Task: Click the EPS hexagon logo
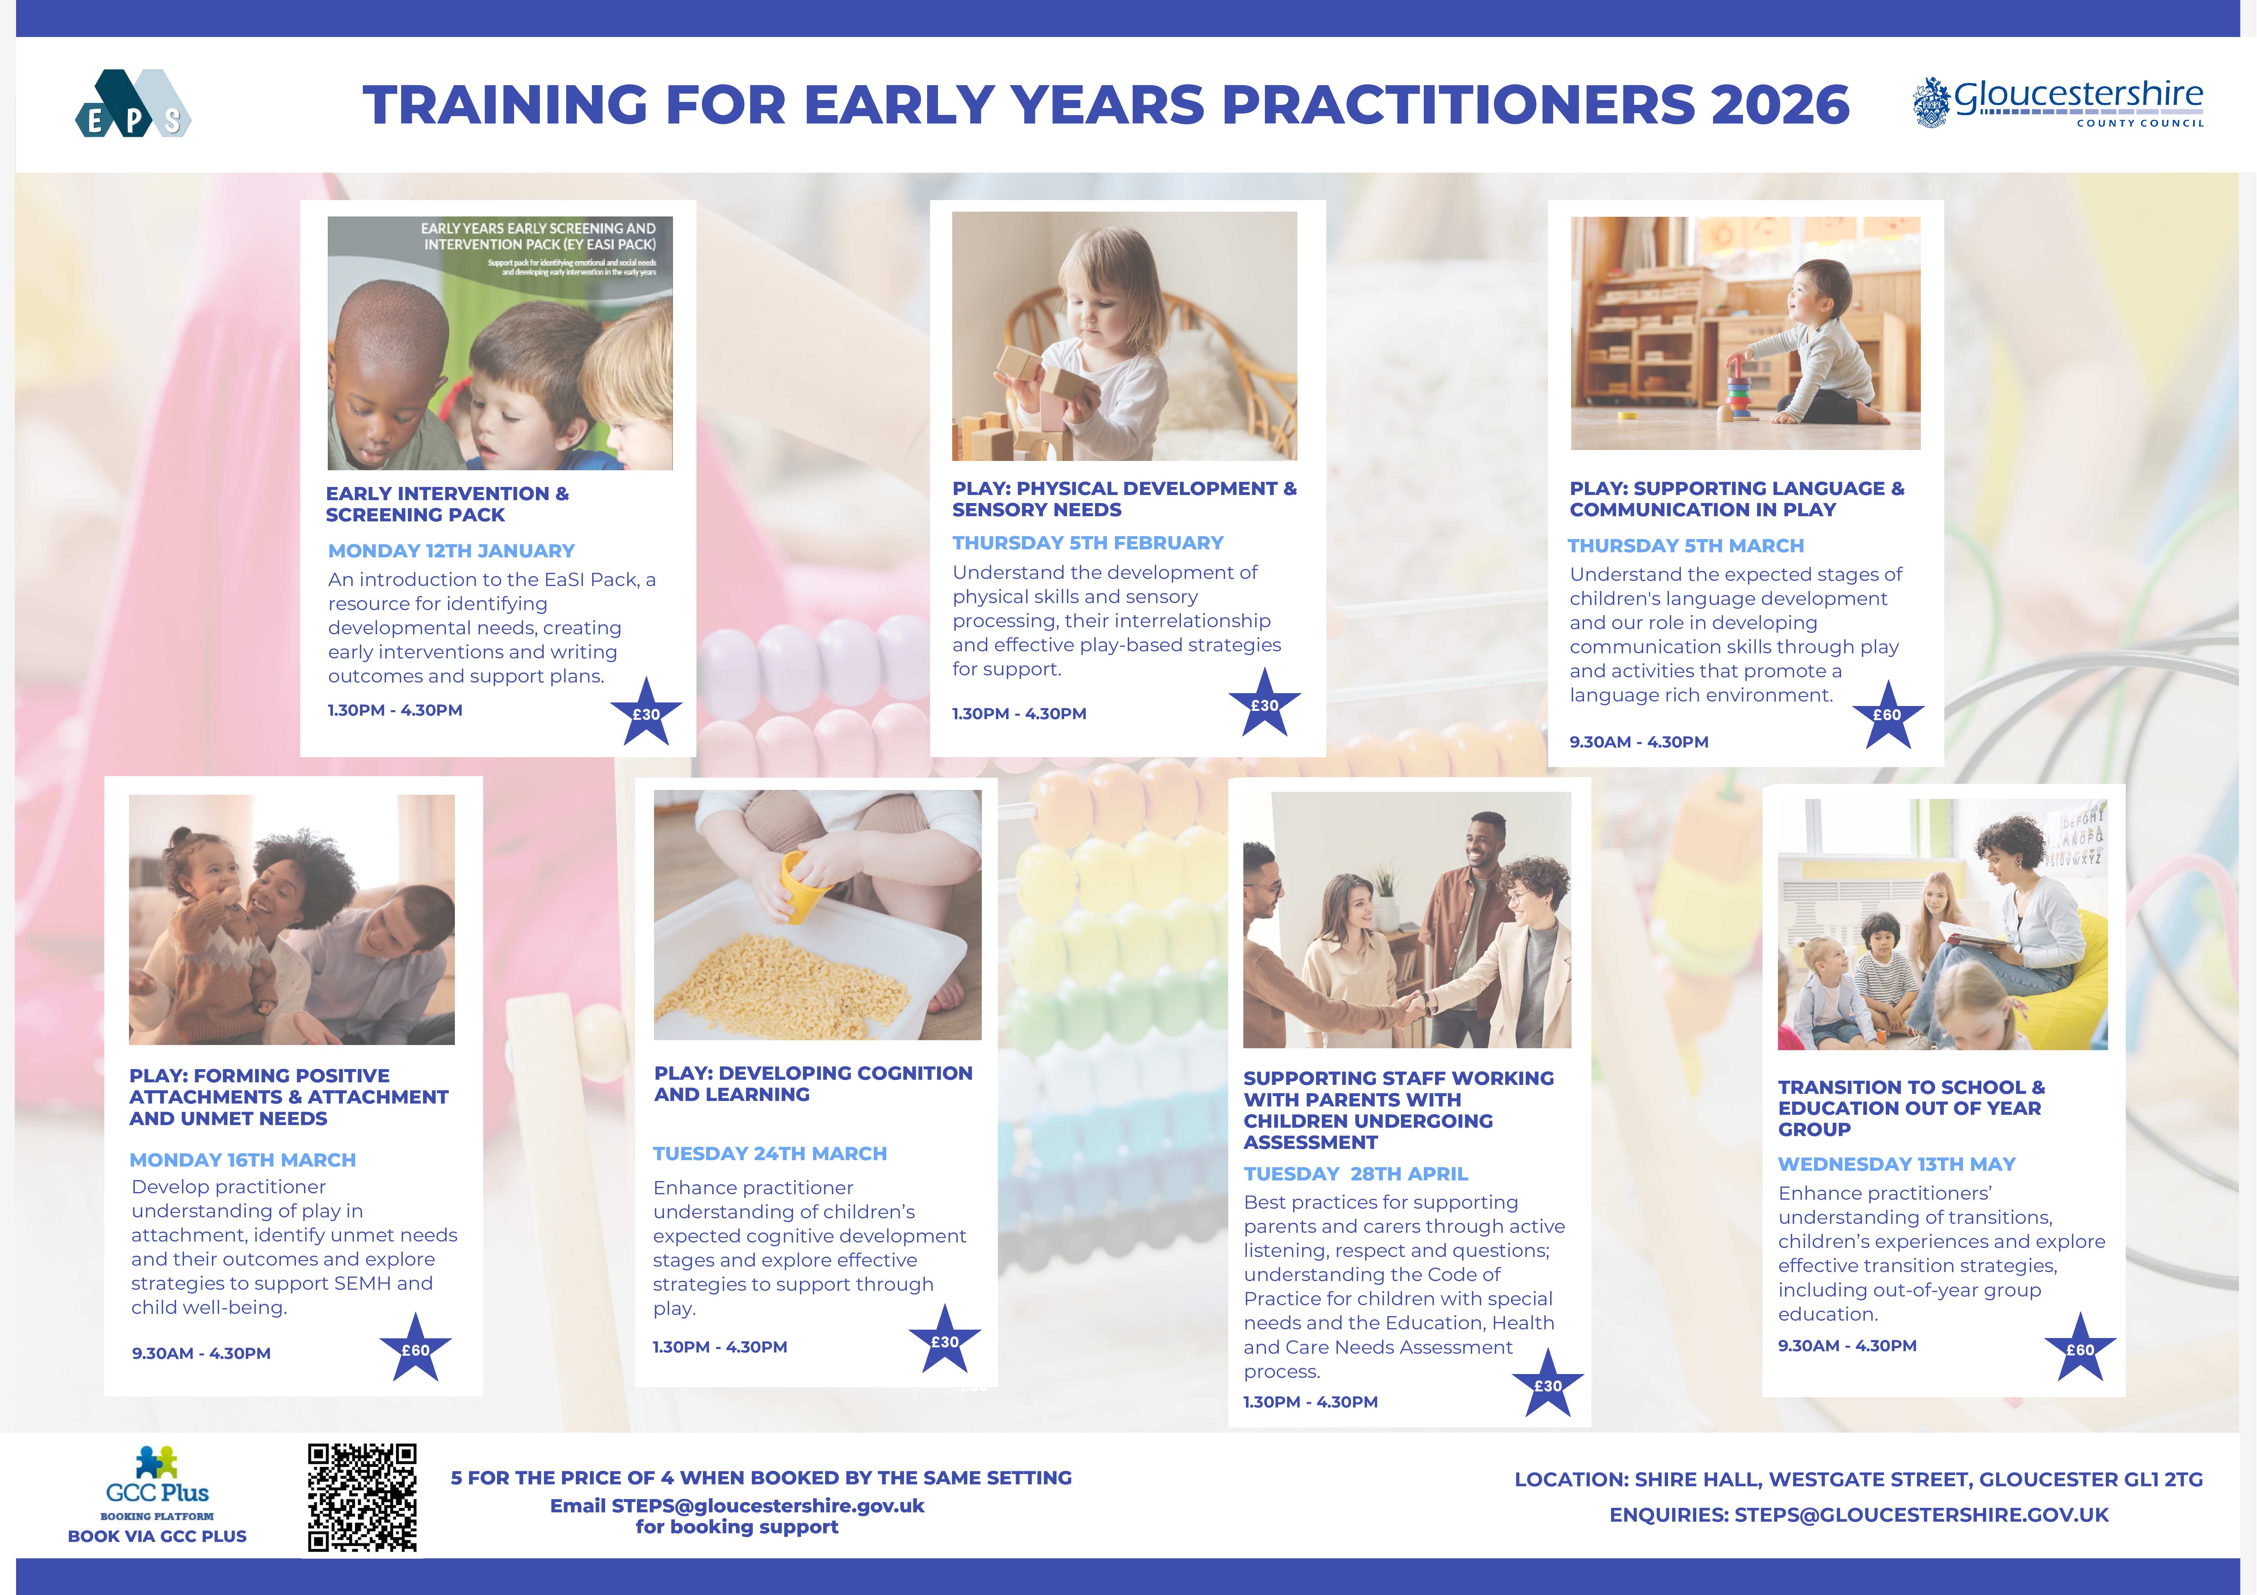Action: pos(133,103)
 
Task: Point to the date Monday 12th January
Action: pos(451,550)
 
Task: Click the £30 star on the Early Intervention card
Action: pos(646,712)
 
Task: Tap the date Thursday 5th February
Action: pos(1087,543)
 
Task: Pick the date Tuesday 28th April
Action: pos(1356,1173)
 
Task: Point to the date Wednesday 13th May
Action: pos(1896,1164)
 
